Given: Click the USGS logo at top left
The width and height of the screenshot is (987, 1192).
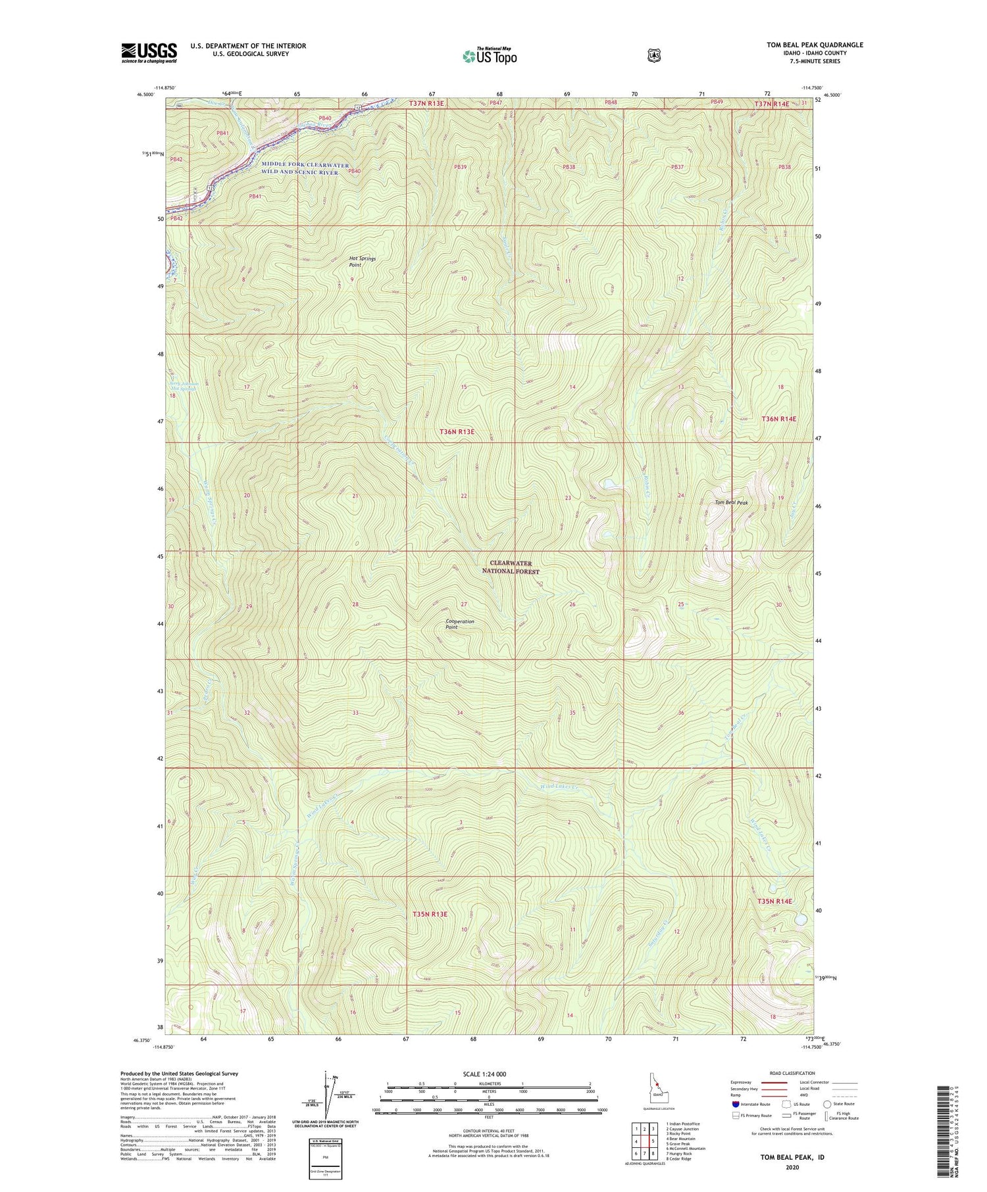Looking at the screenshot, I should click(149, 53).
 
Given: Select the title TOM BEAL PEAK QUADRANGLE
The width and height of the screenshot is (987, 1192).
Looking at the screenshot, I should click(815, 45).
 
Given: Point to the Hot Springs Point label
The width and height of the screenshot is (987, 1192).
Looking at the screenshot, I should click(362, 262).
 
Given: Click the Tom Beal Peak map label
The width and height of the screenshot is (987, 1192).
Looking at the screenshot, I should click(732, 502).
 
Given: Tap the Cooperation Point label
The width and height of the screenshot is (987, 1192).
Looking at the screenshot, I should click(460, 624).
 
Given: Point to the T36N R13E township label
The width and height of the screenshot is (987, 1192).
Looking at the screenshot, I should click(466, 431).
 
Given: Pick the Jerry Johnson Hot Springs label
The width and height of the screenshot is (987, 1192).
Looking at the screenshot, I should click(184, 387).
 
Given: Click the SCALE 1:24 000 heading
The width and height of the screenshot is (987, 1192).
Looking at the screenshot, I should click(488, 1074).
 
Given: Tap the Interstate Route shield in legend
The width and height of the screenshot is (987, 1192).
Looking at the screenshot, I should click(736, 1105).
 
